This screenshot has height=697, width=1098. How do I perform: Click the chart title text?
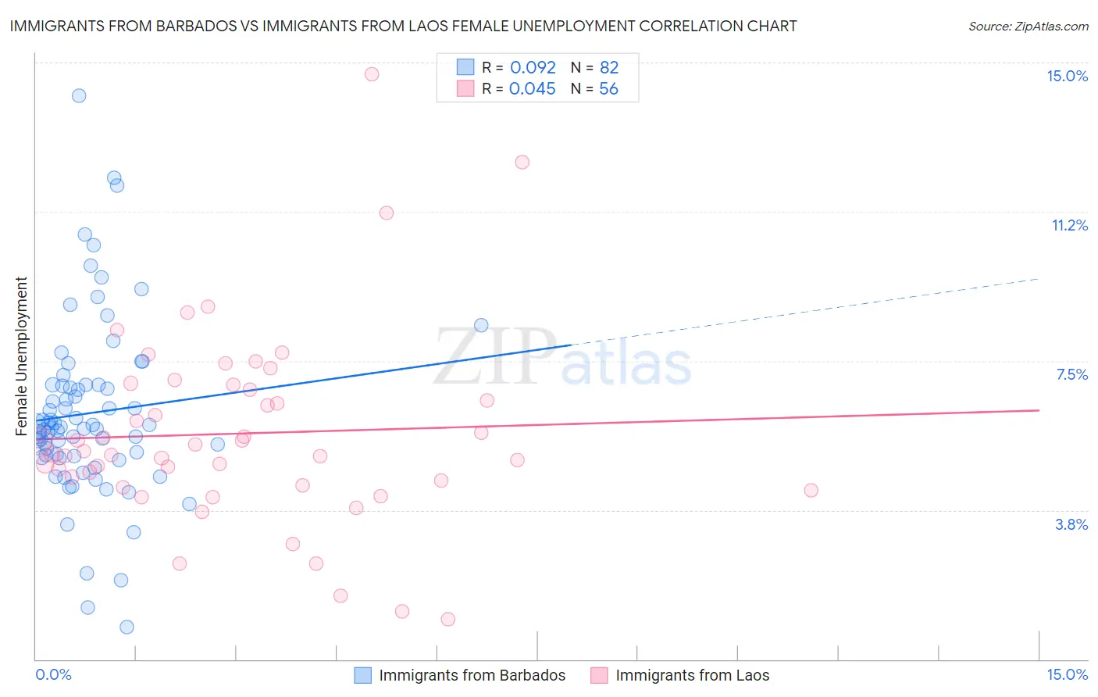pos(403,26)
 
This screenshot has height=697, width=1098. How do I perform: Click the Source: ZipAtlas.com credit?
pos(1028,26)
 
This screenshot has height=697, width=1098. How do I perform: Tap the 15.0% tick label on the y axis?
pos(1067,76)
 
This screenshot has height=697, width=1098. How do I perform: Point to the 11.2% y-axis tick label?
pos(1069,225)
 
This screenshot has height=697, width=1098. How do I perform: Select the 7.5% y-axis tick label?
pos(1071,374)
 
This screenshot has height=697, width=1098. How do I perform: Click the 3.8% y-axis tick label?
pos(1071,524)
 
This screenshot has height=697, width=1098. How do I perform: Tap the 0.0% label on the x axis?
pos(53,674)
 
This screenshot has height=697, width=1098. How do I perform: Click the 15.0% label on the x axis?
pos(1067,674)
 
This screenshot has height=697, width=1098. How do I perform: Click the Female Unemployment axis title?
pos(22,356)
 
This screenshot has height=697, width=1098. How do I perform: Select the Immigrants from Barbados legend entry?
pos(472,675)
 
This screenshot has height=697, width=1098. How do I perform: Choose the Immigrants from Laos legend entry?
pos(692,675)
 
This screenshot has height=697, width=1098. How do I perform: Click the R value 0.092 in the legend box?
pos(533,67)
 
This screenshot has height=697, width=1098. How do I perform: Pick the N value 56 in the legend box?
pos(608,88)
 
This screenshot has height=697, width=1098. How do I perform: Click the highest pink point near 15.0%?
pos(372,74)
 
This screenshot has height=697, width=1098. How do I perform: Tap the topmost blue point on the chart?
pos(79,96)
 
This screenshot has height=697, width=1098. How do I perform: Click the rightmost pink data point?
pos(811,490)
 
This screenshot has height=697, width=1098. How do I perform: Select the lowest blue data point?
pos(127,627)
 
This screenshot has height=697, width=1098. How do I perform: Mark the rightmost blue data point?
pos(481,325)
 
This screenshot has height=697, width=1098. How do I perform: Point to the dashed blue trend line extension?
pos(804,311)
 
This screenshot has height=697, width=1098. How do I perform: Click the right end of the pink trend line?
pos(1039,409)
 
